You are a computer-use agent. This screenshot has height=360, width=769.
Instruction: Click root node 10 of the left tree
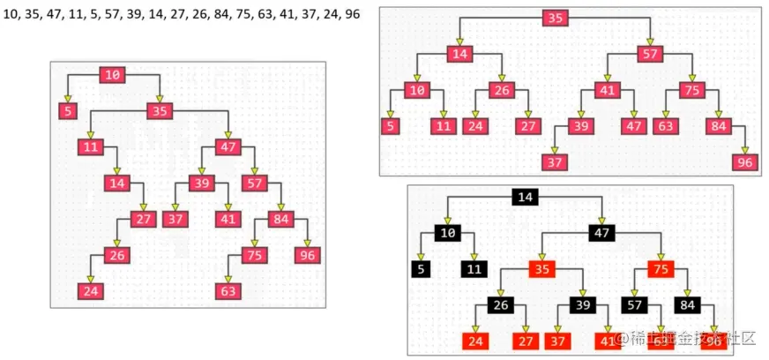(112, 75)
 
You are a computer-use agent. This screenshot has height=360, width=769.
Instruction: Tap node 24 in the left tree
(90, 290)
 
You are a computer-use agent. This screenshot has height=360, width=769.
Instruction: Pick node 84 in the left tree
(280, 219)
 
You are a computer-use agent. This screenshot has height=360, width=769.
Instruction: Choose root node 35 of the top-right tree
(555, 19)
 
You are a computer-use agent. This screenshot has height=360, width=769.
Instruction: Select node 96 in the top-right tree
(745, 162)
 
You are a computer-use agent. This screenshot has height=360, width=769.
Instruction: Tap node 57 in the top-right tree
(650, 54)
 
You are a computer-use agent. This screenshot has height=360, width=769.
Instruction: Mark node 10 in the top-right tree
(416, 90)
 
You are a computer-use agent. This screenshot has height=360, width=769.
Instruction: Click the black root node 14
(526, 197)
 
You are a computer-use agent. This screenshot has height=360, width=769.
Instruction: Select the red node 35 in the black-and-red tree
(541, 269)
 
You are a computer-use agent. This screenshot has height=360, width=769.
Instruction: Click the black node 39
(582, 305)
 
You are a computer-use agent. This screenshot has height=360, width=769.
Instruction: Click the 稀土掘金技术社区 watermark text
(691, 339)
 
